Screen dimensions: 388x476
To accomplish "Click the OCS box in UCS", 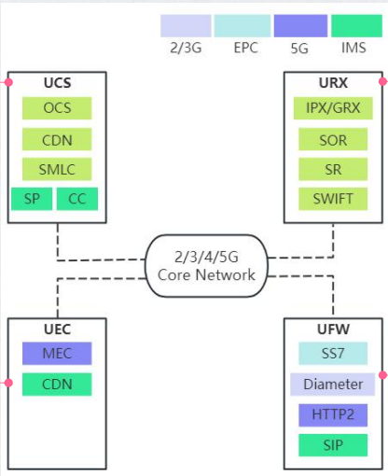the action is coord(57,108).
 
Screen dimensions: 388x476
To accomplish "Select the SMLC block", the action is coord(57,169).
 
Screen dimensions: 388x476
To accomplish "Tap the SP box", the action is coord(32,199).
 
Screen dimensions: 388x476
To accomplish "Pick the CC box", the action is coord(77,199).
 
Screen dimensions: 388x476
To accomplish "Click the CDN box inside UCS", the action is coord(57,139).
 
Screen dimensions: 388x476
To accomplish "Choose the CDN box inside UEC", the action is coord(57,385).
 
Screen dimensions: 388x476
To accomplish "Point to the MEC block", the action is coord(57,354).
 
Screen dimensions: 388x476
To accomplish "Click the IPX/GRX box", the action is coord(333,108).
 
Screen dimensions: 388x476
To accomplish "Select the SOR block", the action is coord(333,139).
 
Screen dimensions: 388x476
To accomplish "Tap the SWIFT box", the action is coord(333,199).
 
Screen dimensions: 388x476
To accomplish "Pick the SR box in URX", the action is coord(333,169).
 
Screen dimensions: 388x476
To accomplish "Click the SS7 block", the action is coord(333,354).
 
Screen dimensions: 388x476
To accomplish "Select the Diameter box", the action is coord(333,385).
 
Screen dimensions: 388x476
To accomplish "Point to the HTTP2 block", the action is coord(333,415).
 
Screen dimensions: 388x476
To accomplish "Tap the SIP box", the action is coord(333,445).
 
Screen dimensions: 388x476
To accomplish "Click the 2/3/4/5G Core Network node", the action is coord(206,266).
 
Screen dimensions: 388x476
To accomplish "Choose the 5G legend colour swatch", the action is coord(300,26).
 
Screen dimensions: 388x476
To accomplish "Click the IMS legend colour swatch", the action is coord(356,26).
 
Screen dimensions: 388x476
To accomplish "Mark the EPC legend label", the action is coord(245,48).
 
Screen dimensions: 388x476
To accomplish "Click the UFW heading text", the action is coord(333,329).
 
